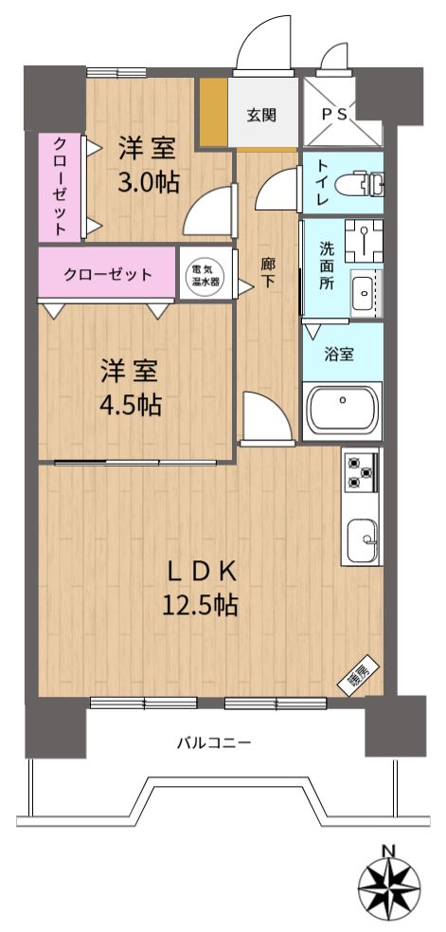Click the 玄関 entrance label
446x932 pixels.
261,115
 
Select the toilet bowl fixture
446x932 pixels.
358,183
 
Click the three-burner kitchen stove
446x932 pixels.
360,472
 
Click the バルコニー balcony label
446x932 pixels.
214,742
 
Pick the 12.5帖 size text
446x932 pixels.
200,605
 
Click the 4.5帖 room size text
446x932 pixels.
130,406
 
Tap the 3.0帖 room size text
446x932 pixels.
148,182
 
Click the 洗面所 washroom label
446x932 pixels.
327,264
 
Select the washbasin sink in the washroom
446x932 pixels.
364,293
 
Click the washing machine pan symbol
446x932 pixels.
364,242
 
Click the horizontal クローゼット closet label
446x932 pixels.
108,275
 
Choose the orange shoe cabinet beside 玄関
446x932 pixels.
214,111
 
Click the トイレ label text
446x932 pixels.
323,182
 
